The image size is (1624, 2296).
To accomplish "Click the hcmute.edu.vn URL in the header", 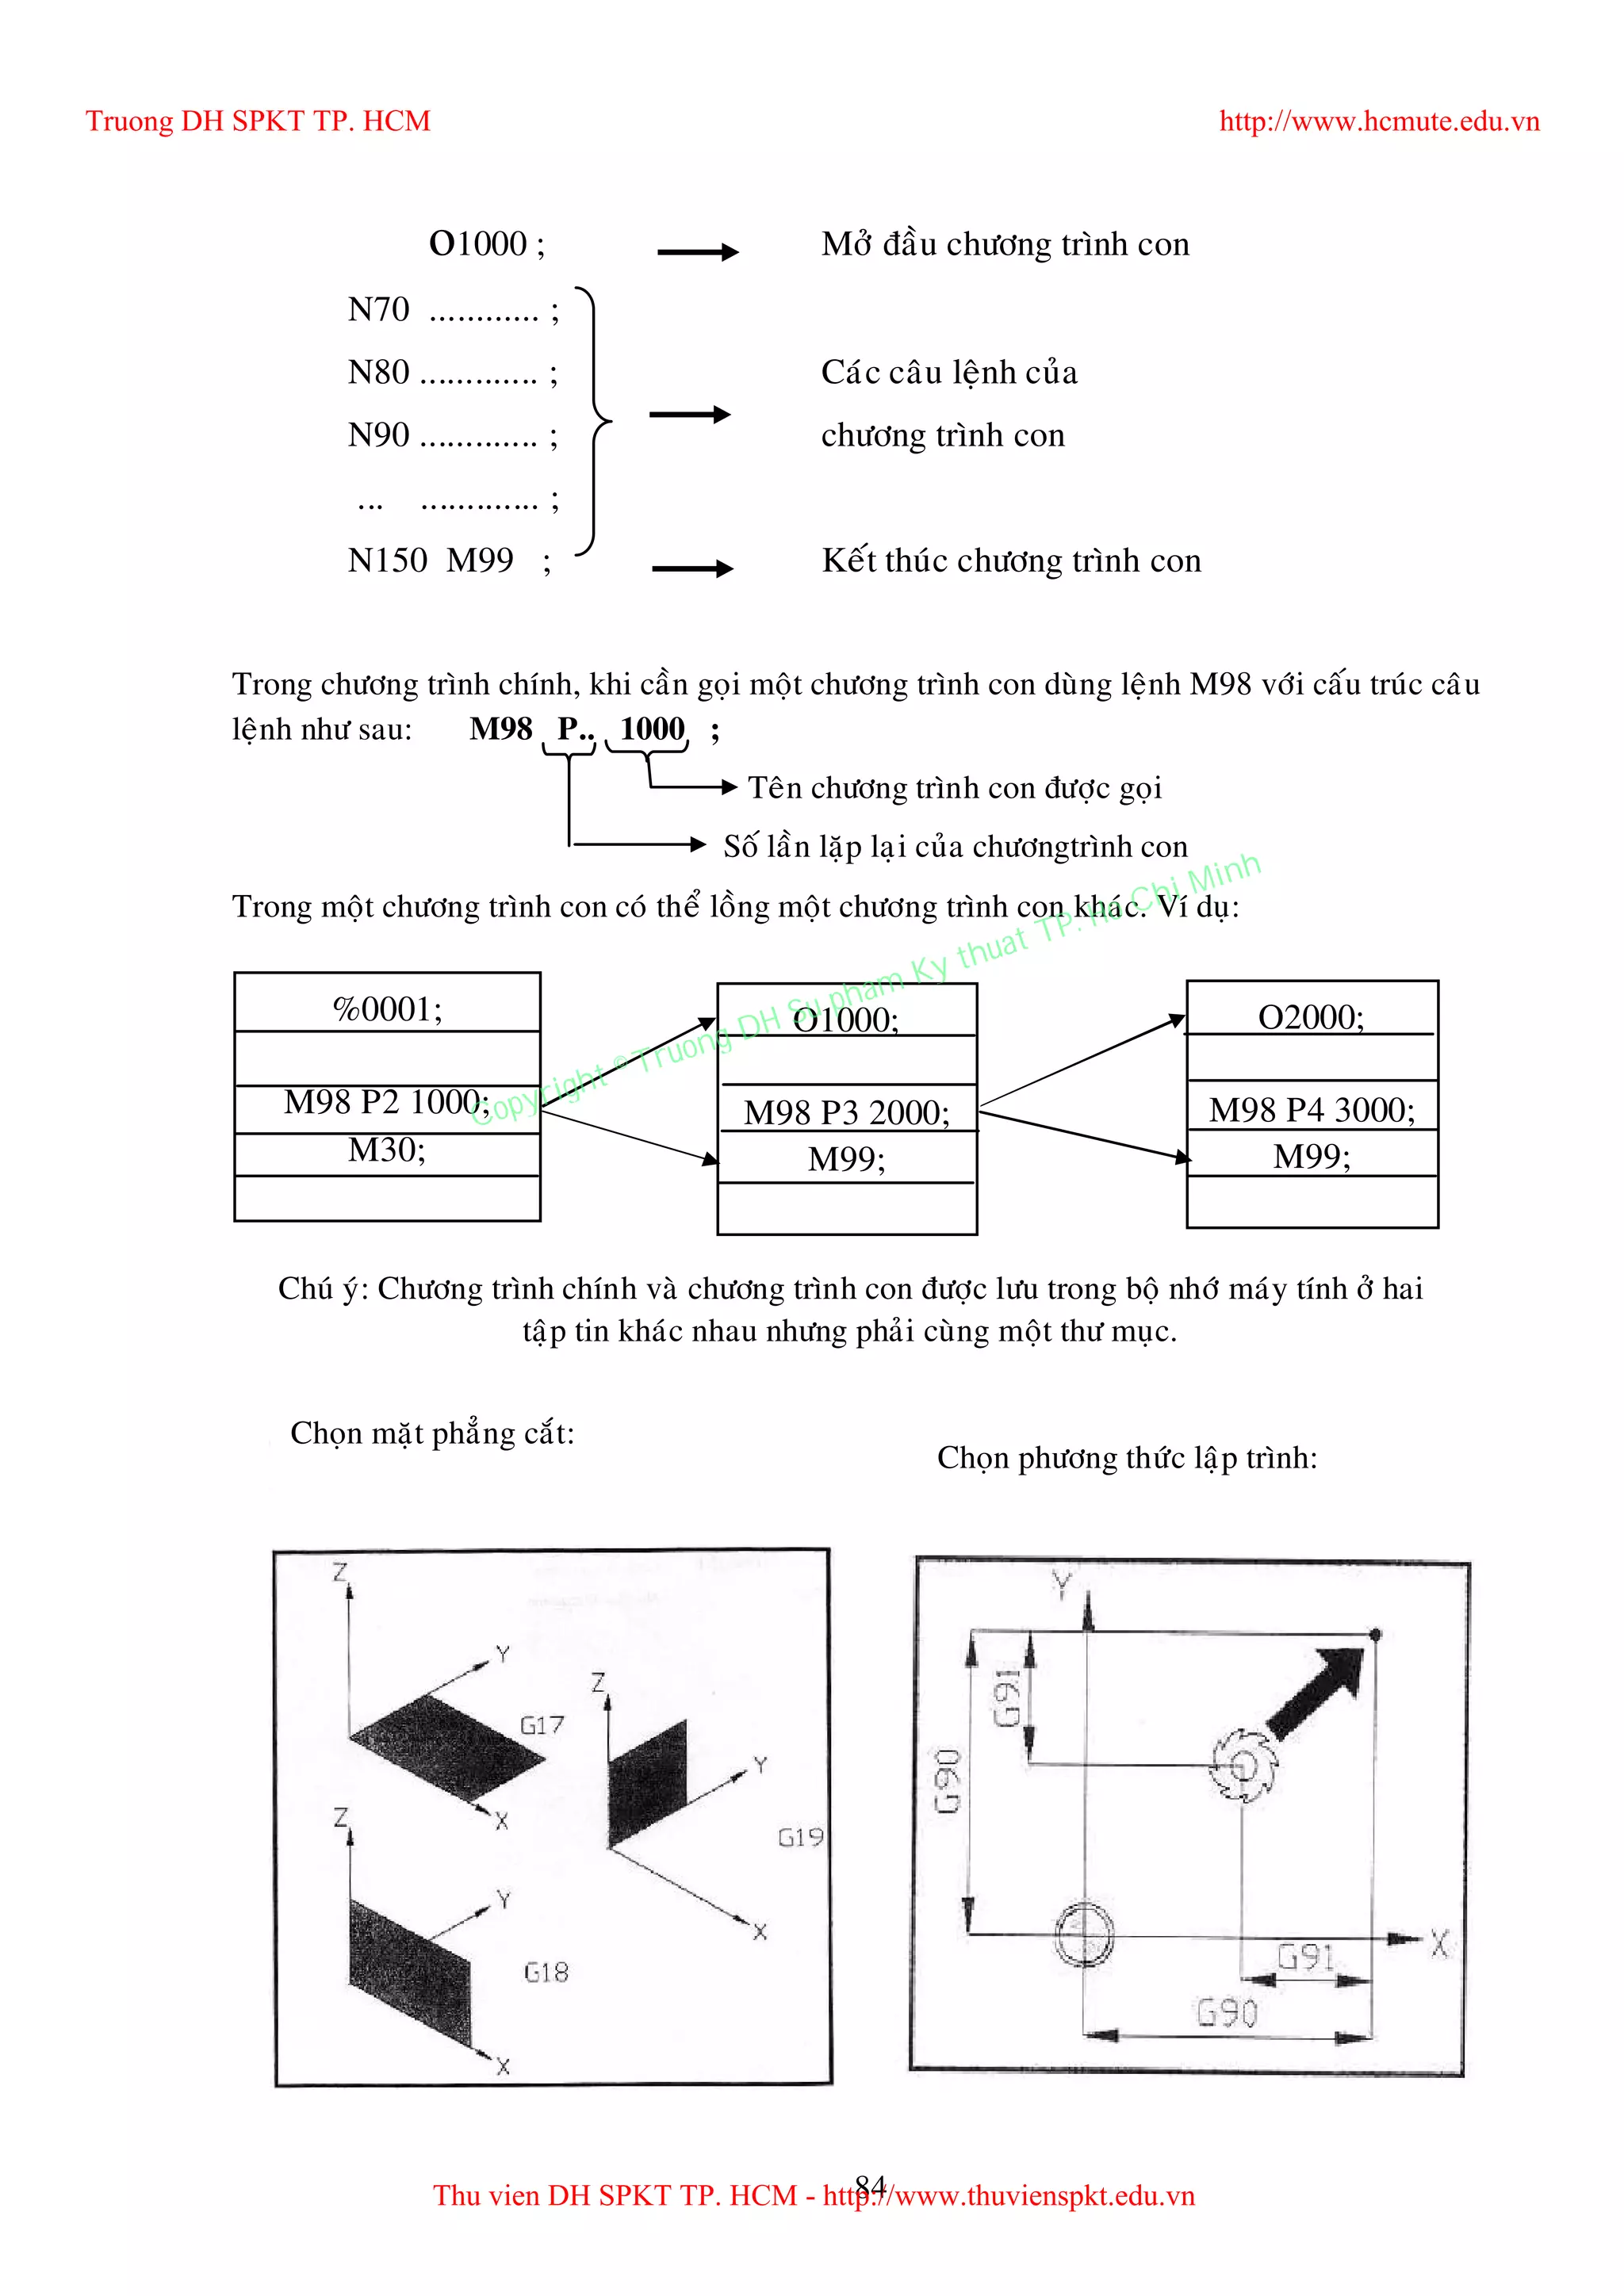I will tap(1378, 122).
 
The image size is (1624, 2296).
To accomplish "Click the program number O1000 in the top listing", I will tap(479, 244).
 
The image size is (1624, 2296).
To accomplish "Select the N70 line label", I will tap(378, 310).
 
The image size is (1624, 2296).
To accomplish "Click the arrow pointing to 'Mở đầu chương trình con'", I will tap(697, 252).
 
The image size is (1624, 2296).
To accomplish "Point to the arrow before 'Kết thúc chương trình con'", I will tap(692, 569).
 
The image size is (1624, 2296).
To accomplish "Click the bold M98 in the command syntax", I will tap(501, 729).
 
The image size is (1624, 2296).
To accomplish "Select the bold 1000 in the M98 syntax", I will tap(652, 729).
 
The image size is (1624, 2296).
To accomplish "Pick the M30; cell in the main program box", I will tap(387, 1151).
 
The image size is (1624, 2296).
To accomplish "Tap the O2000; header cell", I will tap(1311, 1017).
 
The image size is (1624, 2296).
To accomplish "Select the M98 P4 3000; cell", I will tap(1311, 1110).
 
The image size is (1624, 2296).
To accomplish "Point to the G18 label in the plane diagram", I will tap(546, 1972).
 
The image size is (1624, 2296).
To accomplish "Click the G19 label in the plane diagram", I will tap(800, 1837).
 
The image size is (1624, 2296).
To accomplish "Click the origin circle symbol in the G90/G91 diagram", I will tap(1085, 1933).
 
